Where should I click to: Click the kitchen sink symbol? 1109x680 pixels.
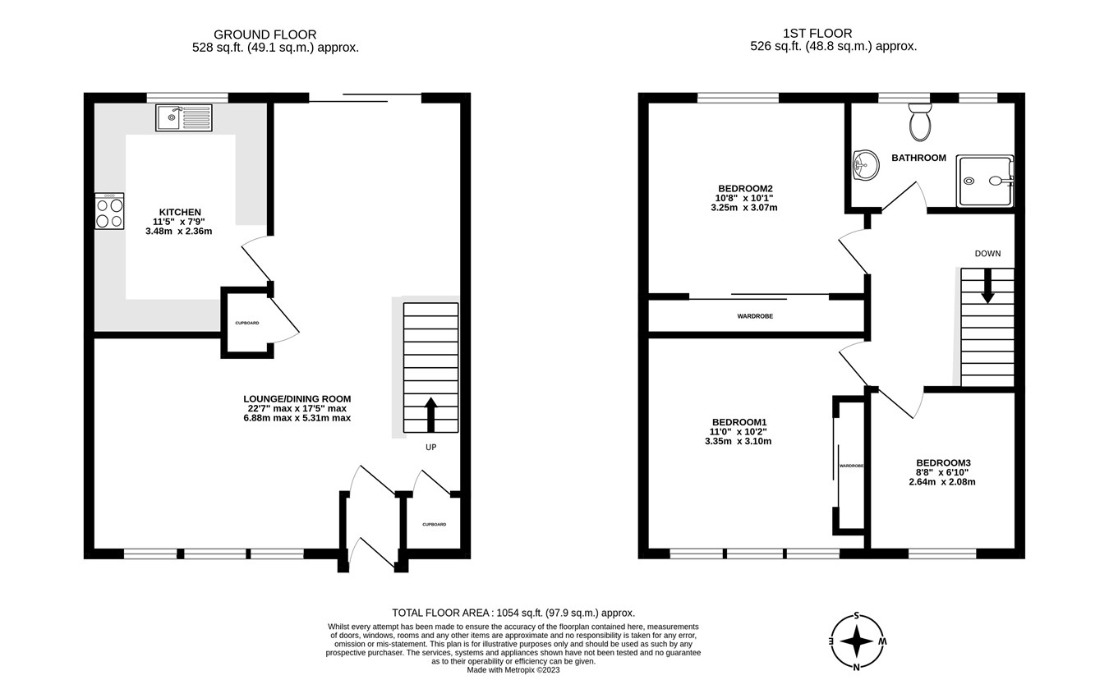click(183, 117)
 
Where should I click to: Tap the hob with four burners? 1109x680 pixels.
click(109, 211)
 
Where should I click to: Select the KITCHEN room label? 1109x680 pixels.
click(181, 213)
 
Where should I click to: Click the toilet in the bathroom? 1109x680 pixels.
click(919, 123)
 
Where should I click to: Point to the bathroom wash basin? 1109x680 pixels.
click(865, 165)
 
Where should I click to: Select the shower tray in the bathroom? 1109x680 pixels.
click(985, 181)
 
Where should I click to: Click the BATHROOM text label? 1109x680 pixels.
click(918, 158)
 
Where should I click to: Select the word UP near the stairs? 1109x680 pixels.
click(430, 448)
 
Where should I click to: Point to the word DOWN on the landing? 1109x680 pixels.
click(987, 254)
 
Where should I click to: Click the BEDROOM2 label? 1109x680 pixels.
click(745, 188)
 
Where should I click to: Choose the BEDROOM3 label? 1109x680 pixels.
click(943, 462)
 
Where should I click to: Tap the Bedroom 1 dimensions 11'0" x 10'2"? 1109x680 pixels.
click(738, 431)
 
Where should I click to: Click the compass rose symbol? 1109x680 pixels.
click(857, 641)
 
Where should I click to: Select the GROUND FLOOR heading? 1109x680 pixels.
click(265, 34)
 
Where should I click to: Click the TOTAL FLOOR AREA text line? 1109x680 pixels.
click(513, 613)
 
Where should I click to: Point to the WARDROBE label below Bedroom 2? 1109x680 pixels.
click(754, 316)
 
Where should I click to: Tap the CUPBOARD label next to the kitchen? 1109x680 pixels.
click(246, 323)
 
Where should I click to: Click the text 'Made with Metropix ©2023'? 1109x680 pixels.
click(513, 670)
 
